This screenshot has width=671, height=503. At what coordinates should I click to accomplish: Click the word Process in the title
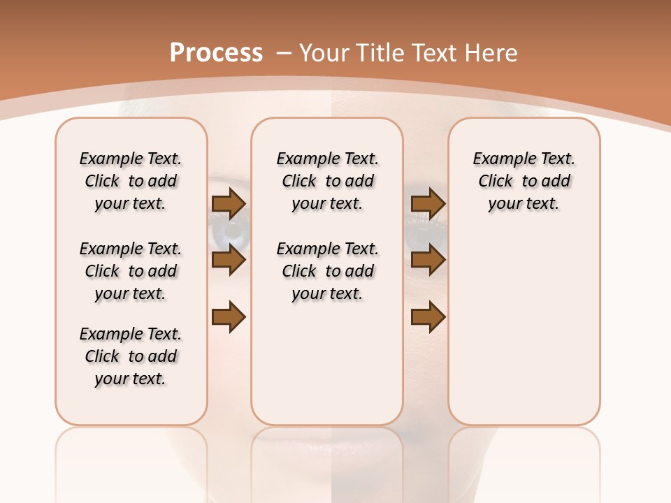pyautogui.click(x=216, y=52)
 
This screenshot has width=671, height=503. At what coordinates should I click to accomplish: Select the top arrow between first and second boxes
pyautogui.click(x=229, y=203)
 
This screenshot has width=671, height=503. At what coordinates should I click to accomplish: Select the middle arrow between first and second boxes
pyautogui.click(x=229, y=261)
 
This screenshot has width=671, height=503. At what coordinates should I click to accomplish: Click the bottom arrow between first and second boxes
pyautogui.click(x=229, y=317)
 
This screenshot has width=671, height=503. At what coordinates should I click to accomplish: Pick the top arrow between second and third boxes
pyautogui.click(x=428, y=203)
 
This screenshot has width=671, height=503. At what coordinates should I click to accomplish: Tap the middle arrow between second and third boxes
pyautogui.click(x=428, y=261)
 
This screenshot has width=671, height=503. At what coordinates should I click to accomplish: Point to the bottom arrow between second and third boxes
pyautogui.click(x=428, y=317)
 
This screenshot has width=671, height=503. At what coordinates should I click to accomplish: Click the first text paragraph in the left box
pyautogui.click(x=131, y=181)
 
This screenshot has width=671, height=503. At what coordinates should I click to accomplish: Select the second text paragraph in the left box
pyautogui.click(x=131, y=271)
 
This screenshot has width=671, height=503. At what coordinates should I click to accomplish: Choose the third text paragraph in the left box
pyautogui.click(x=131, y=356)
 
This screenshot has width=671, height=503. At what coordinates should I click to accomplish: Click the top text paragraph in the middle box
pyautogui.click(x=328, y=181)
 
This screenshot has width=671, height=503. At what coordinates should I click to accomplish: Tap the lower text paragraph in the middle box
pyautogui.click(x=328, y=271)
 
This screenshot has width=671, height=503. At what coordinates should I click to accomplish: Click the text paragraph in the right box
pyautogui.click(x=524, y=181)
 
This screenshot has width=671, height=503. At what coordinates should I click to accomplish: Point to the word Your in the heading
pyautogui.click(x=325, y=52)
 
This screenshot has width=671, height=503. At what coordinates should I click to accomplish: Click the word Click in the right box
pyautogui.click(x=496, y=181)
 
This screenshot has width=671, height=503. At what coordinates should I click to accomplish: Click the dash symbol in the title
pyautogui.click(x=283, y=52)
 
